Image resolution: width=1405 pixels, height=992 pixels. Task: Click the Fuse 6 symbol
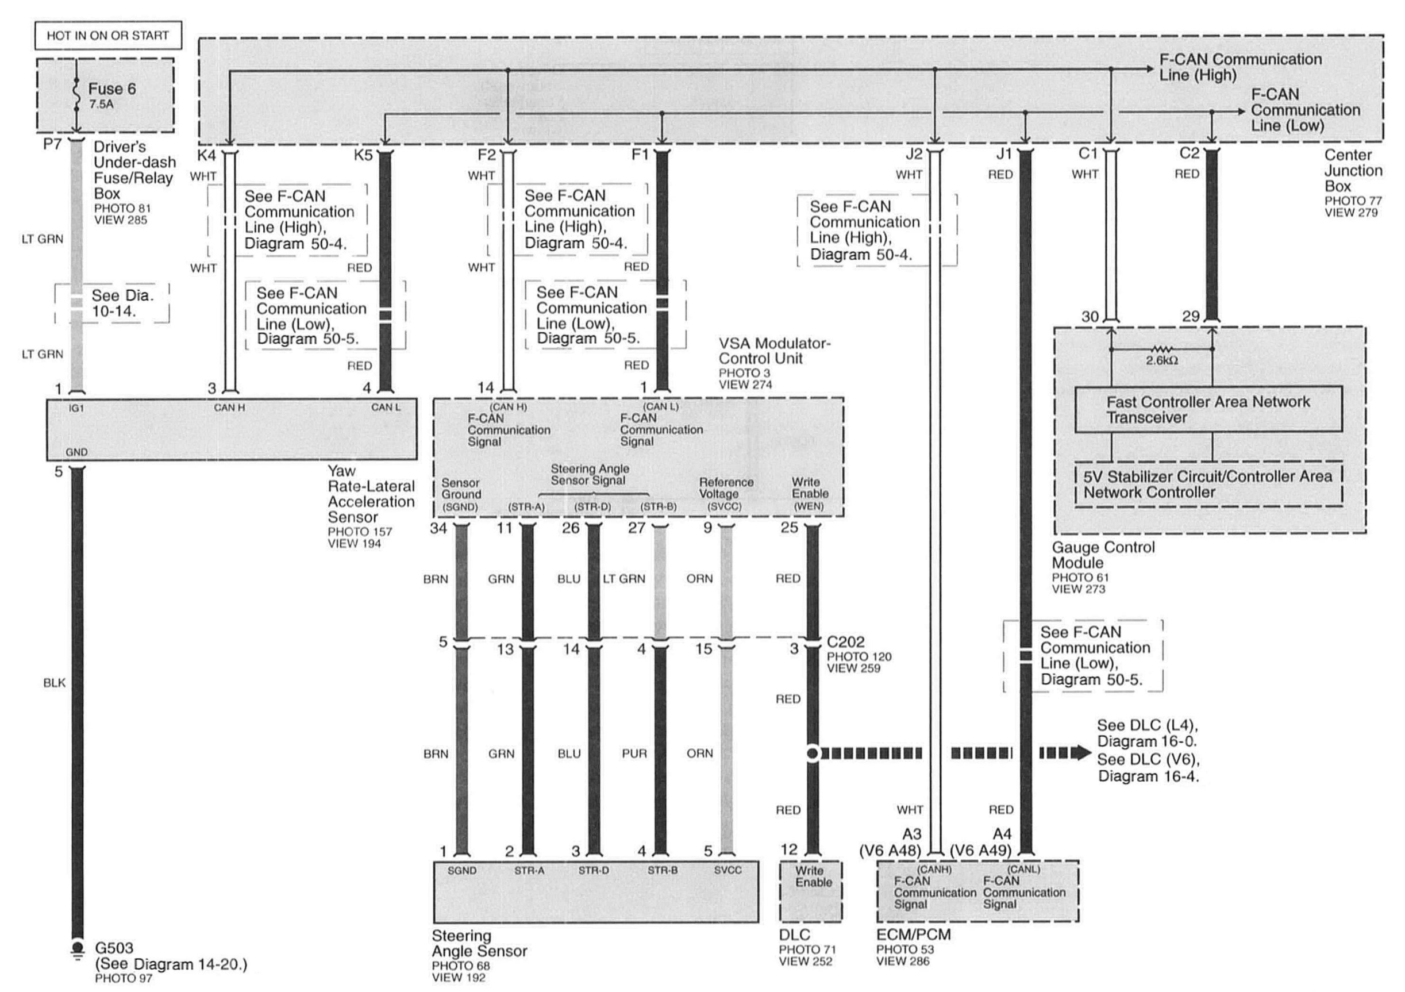[x=76, y=95]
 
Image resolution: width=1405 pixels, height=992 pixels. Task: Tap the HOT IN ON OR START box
[x=107, y=36]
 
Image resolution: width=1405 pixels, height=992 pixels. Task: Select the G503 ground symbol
[x=77, y=948]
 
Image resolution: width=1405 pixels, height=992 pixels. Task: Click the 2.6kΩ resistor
[x=1161, y=349]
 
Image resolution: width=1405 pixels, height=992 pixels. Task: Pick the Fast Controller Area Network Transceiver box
[x=1208, y=409]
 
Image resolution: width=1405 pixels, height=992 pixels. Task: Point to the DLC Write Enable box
[x=811, y=890]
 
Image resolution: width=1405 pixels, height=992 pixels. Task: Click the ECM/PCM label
[x=913, y=935]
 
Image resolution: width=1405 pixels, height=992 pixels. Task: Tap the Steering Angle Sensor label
[x=479, y=943]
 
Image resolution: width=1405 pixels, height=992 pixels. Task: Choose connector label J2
[x=913, y=154]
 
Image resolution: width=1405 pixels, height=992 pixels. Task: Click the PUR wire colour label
[x=634, y=753]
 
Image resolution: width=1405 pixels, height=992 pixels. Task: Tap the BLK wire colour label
[x=55, y=682]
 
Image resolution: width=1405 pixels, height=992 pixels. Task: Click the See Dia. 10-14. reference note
[x=122, y=303]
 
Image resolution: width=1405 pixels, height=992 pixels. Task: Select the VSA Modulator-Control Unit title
[x=774, y=351]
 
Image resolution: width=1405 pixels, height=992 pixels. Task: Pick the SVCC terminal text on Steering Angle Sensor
[x=727, y=870]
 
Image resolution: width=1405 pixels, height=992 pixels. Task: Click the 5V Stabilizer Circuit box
[x=1208, y=484]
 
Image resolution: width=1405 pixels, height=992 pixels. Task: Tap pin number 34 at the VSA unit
[x=438, y=528]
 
